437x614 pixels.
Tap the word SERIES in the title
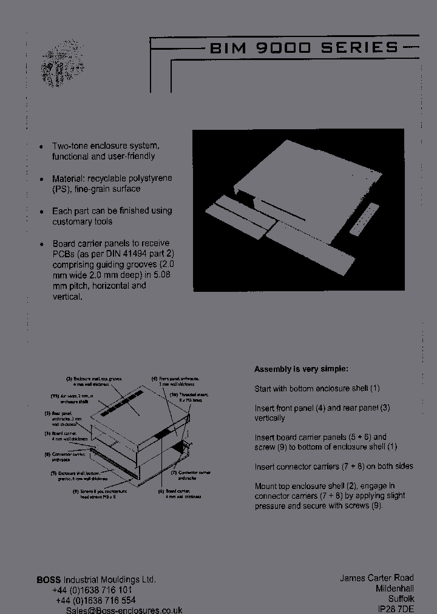tap(361, 48)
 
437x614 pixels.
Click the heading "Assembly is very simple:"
tap(301, 369)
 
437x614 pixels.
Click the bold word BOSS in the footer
tap(49, 579)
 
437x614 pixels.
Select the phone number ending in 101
tap(92, 590)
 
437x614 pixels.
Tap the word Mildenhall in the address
tap(394, 589)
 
